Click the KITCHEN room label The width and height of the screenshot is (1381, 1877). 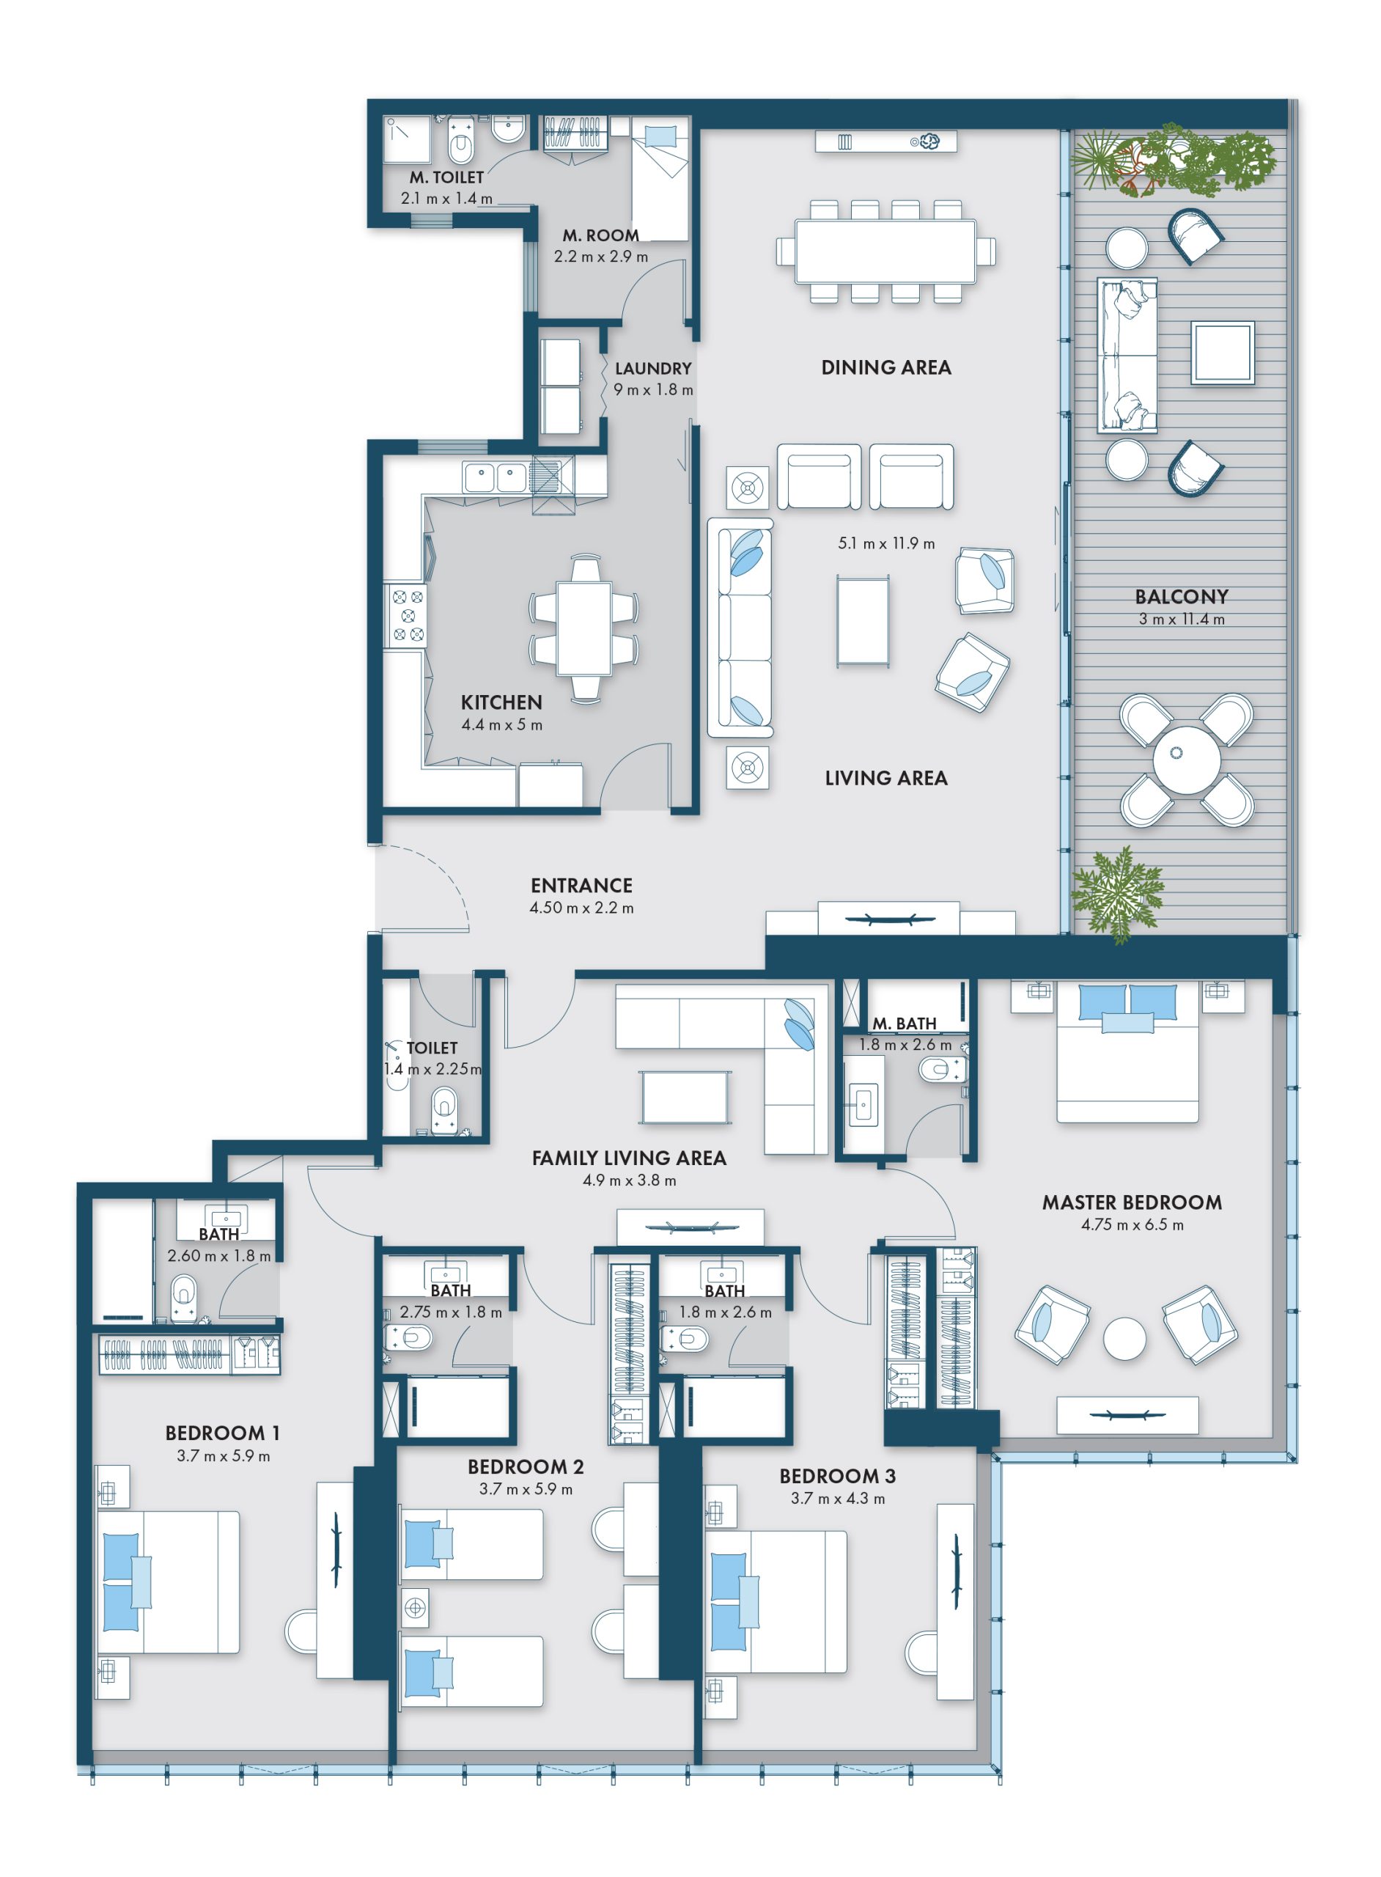(x=501, y=702)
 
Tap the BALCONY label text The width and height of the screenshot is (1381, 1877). (x=1181, y=596)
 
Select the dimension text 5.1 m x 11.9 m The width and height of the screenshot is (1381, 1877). (x=886, y=543)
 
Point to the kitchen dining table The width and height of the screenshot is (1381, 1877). (x=584, y=628)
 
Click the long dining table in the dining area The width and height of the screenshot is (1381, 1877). (x=885, y=251)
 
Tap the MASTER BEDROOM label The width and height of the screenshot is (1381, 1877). (x=1132, y=1202)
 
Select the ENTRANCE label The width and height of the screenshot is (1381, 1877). (x=582, y=886)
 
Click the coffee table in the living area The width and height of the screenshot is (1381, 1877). (x=863, y=621)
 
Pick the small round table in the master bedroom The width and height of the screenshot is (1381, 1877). (x=1124, y=1339)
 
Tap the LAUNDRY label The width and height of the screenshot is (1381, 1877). (x=654, y=368)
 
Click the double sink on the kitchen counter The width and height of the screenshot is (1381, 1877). (x=495, y=477)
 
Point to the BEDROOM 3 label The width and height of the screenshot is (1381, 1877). (x=838, y=1476)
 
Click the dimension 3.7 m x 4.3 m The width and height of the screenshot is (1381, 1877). (x=838, y=1498)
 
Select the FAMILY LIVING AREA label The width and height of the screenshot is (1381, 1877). (x=630, y=1158)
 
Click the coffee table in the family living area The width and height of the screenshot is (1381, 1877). (x=685, y=1098)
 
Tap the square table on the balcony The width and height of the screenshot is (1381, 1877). (x=1223, y=353)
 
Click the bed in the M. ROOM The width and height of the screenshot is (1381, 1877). (x=660, y=179)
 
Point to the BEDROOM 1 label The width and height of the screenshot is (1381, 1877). (x=222, y=1433)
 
